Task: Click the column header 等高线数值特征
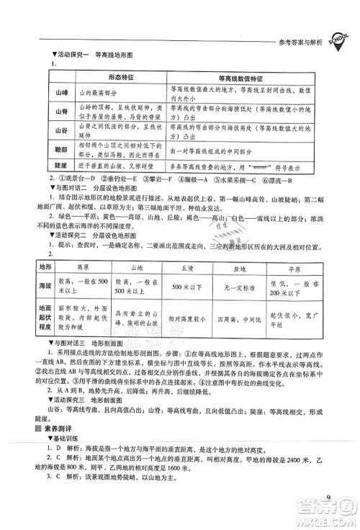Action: click(x=239, y=77)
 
